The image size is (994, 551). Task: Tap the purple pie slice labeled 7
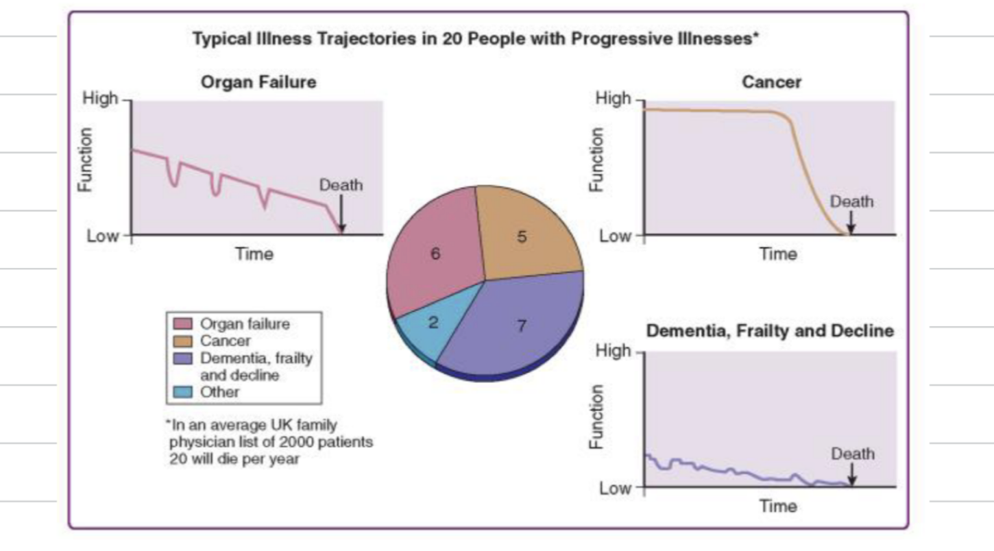521,326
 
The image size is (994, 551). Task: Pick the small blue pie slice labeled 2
433,323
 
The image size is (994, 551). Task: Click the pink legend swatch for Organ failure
183,324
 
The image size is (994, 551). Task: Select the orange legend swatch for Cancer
183,341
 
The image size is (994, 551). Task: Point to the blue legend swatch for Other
183,393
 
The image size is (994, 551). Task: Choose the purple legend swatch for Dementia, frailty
183,358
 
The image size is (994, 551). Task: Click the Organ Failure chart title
258,82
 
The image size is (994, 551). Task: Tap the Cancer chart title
771,82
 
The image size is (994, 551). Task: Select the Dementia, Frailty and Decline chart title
770,331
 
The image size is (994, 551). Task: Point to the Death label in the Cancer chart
851,201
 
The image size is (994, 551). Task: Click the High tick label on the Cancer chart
613,99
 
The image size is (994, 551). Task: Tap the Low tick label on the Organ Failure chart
101,236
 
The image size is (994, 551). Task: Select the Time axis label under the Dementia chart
778,506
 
